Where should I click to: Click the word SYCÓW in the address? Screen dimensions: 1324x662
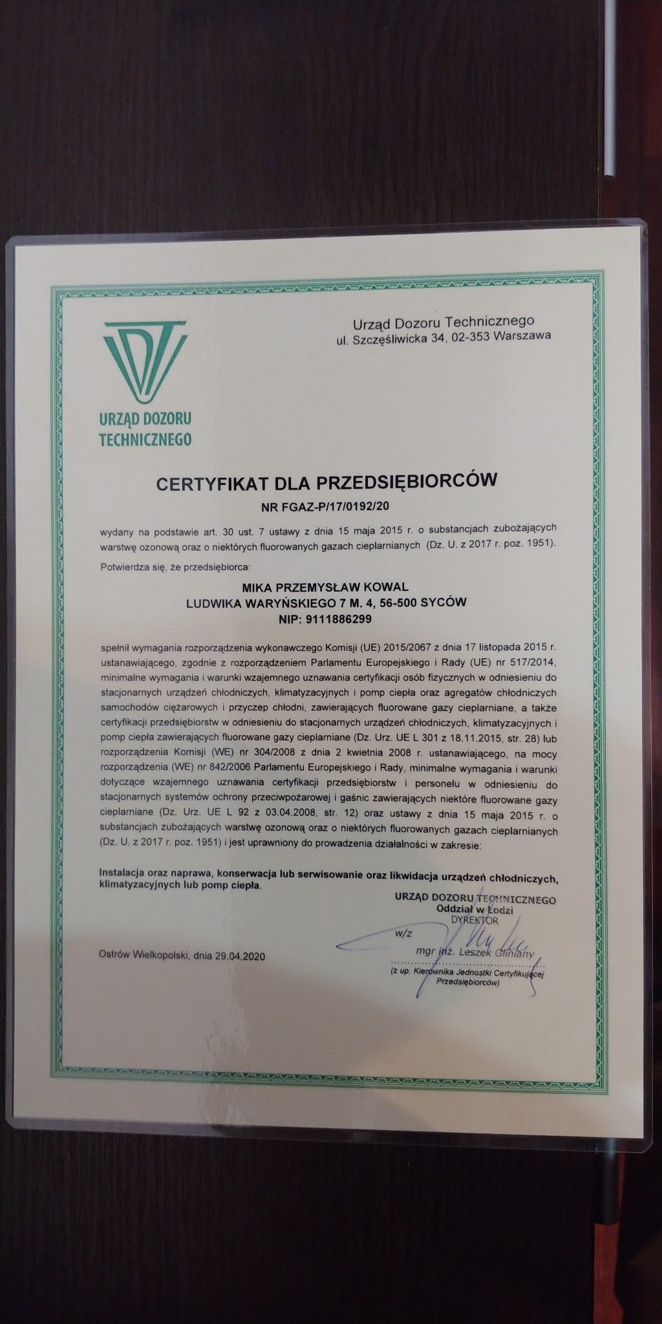pos(443,603)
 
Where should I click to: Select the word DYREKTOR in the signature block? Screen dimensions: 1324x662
pos(475,920)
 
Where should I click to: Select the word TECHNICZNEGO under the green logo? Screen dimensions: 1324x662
pos(145,439)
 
